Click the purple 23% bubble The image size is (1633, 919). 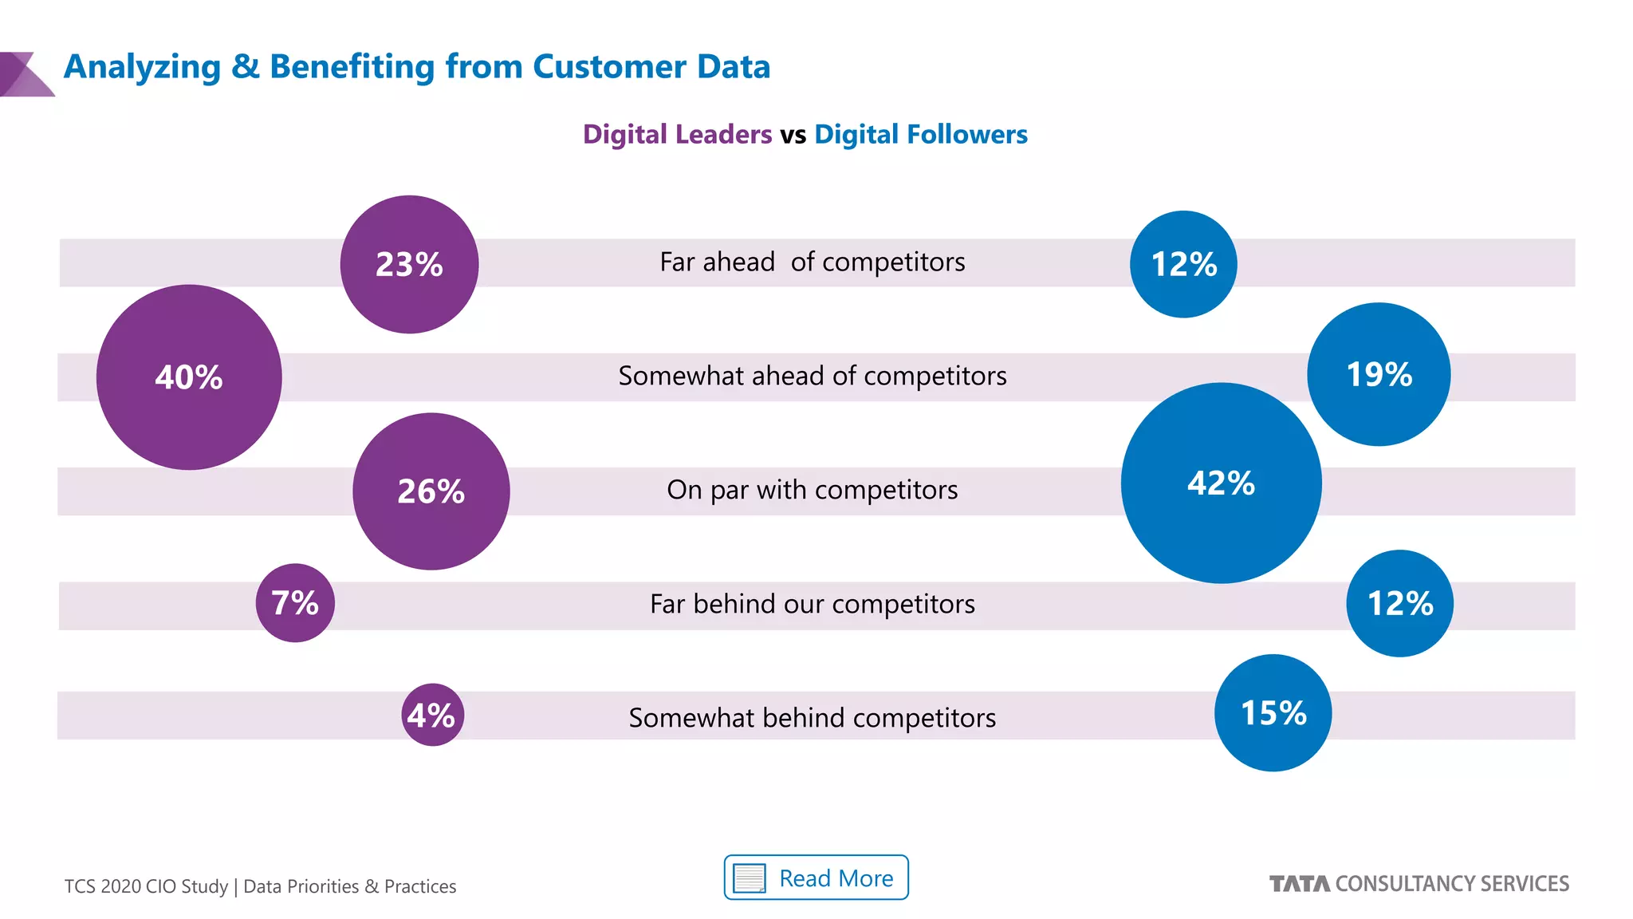(409, 264)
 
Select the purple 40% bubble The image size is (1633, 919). (189, 377)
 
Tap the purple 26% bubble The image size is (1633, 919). (431, 491)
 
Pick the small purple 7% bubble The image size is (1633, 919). (295, 603)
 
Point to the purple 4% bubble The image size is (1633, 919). (432, 715)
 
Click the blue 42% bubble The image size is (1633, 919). (1221, 483)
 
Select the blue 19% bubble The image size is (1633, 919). (1379, 373)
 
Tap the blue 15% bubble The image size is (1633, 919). (1273, 712)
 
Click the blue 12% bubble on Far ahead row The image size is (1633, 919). (1183, 264)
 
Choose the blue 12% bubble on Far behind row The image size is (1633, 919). (1399, 603)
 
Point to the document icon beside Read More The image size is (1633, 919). (749, 878)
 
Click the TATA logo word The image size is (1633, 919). (1299, 884)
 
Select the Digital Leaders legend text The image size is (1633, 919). (677, 134)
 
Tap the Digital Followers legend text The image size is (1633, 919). (920, 134)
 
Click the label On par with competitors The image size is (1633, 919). (812, 490)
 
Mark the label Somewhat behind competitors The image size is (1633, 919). (812, 718)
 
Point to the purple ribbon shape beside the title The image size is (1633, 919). (24, 75)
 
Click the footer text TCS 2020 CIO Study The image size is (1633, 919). (146, 886)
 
